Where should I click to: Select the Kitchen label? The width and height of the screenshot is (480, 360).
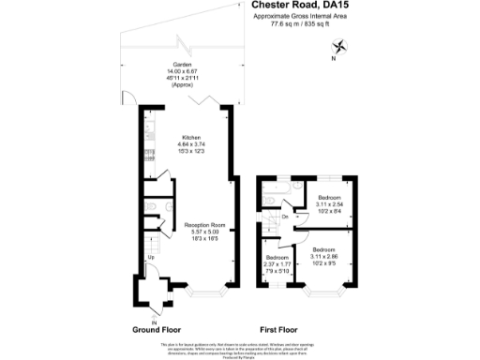coord(191,138)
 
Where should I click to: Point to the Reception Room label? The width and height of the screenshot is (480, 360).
coord(205,226)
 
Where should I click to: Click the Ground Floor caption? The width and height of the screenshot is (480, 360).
coord(155,330)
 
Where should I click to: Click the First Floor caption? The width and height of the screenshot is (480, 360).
coord(279,330)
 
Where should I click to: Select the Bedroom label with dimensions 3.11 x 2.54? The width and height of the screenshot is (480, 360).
coord(329,197)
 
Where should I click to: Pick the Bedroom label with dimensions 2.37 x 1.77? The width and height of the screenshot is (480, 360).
coord(277,257)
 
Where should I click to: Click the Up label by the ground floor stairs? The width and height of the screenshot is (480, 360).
coord(150,257)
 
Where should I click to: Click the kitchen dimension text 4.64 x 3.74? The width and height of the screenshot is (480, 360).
coord(191,144)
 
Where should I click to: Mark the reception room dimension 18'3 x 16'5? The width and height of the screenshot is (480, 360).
coord(205,239)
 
